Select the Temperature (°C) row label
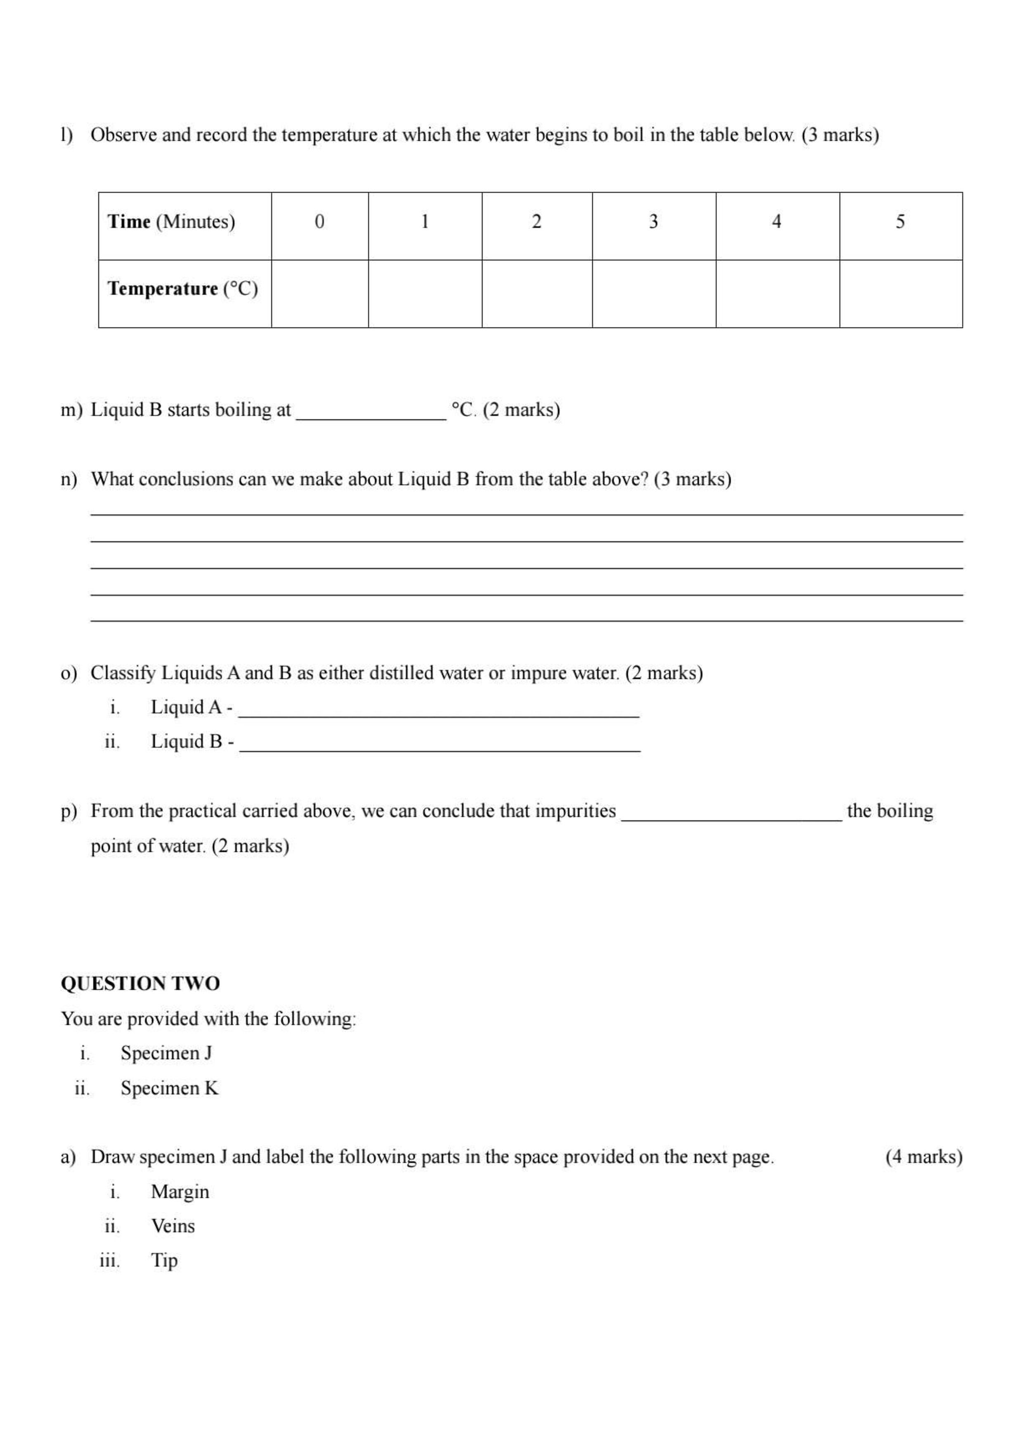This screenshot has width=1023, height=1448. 183,289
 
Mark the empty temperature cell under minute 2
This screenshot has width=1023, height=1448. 536,294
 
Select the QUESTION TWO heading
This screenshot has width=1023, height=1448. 140,983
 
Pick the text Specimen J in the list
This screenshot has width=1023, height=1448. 166,1053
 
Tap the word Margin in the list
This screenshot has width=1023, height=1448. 180,1191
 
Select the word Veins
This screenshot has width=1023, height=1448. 173,1226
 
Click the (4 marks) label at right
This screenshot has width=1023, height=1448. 924,1157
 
